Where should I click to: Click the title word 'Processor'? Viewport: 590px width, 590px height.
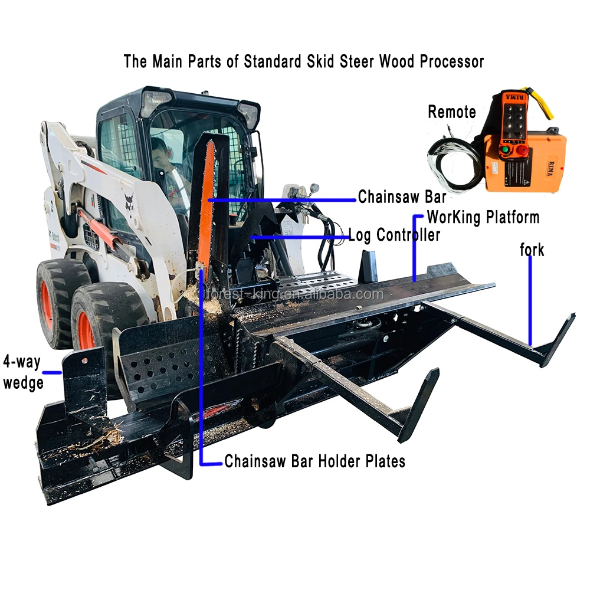[x=451, y=61]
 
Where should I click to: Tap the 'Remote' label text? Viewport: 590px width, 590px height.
[x=451, y=112]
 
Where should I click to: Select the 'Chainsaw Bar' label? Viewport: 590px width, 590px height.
[x=402, y=197]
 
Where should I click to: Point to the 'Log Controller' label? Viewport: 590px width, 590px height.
[x=394, y=235]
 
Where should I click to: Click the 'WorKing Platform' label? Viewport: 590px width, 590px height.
[x=483, y=217]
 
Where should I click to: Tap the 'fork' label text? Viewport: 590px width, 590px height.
[x=532, y=250]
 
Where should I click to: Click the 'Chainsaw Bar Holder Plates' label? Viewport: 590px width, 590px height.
[x=314, y=461]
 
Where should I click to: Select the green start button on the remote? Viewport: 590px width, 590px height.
[x=504, y=150]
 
